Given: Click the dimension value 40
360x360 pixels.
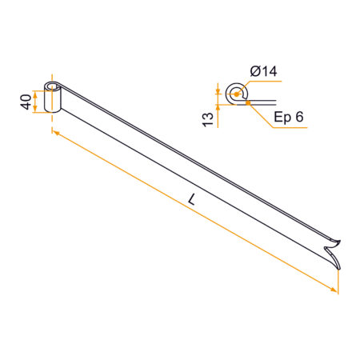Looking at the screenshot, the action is [x=26, y=102].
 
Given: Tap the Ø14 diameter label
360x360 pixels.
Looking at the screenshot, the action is [x=263, y=71].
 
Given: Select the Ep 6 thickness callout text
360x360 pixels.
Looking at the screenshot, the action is [x=289, y=117].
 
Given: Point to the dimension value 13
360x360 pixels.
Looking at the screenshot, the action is [x=208, y=120].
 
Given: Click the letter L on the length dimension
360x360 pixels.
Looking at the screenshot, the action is [x=191, y=199].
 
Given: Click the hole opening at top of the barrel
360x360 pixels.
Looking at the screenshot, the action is [x=52, y=86].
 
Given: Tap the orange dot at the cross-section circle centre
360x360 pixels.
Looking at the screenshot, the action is [x=236, y=94].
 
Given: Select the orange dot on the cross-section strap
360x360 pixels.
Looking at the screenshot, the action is [x=248, y=102].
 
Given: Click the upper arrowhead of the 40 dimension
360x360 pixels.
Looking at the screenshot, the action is [x=35, y=94].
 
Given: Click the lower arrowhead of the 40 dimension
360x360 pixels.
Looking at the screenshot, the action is [x=35, y=109].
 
